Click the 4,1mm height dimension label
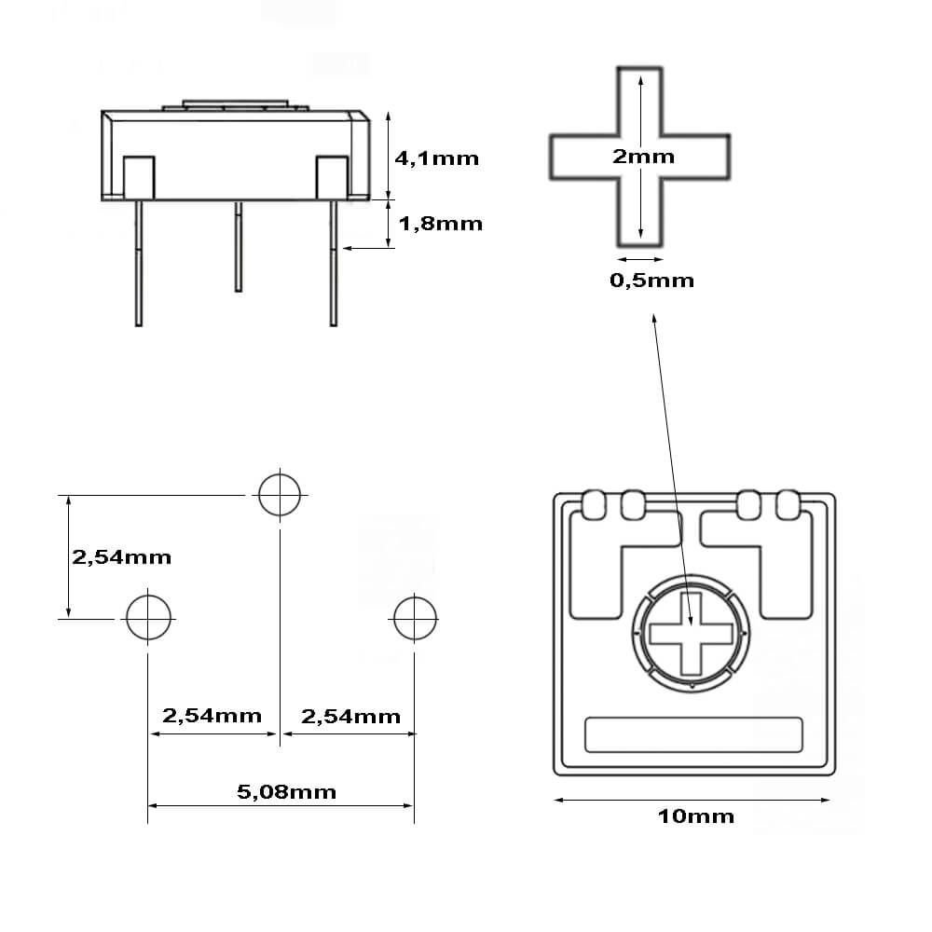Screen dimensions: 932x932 [437, 158]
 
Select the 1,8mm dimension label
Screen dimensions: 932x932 [441, 224]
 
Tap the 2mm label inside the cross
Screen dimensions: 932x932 [642, 157]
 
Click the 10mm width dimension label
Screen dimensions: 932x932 [695, 817]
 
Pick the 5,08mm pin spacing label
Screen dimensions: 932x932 [286, 792]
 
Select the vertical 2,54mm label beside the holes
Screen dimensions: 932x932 [121, 557]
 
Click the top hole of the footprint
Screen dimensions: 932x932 [280, 494]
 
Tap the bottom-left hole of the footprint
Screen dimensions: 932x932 [148, 617]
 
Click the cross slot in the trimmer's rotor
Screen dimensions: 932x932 [691, 634]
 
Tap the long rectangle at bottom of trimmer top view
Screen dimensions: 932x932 [692, 734]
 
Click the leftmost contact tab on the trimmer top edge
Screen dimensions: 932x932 [594, 504]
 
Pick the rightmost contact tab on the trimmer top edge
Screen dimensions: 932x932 [788, 504]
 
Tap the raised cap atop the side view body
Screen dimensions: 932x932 [235, 104]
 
